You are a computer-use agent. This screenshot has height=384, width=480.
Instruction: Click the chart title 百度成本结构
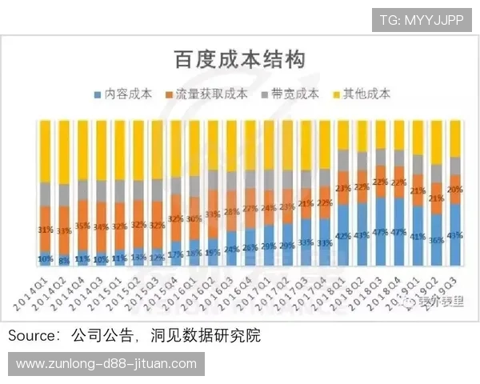click(x=239, y=58)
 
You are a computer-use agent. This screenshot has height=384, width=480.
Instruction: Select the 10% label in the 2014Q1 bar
click(x=45, y=258)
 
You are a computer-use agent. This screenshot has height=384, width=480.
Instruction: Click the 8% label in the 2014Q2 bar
click(x=64, y=260)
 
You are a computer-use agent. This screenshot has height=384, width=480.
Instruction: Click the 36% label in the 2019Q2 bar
click(x=436, y=239)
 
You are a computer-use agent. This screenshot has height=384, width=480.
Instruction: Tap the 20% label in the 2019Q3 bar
click(x=454, y=190)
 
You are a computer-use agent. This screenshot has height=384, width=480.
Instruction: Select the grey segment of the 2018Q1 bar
click(x=343, y=160)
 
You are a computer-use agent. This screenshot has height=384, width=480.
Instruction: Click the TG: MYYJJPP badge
click(x=422, y=19)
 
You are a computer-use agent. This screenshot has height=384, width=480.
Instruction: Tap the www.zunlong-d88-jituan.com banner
click(x=106, y=364)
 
